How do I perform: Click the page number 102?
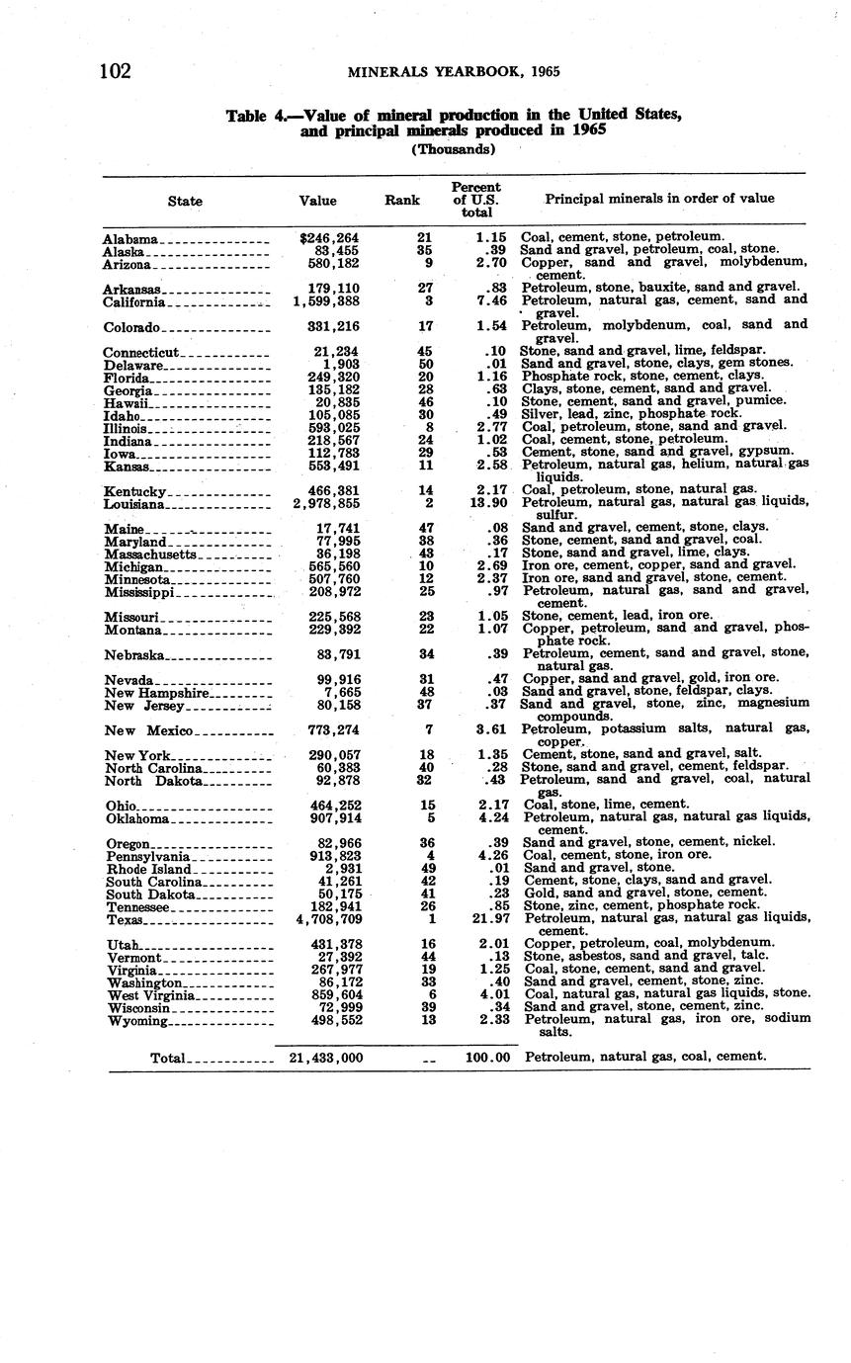115,71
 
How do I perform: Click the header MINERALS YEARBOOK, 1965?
455,72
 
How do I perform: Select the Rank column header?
402,200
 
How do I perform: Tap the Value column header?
317,201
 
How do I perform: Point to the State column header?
185,201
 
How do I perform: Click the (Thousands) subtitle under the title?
452,149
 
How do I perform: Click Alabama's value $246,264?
329,238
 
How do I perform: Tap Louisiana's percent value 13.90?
486,503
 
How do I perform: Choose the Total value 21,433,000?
326,1058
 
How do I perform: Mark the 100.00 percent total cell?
487,1058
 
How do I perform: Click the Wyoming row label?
137,1021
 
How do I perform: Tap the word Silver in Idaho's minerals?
539,413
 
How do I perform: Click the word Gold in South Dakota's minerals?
537,893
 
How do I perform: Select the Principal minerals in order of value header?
659,199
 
